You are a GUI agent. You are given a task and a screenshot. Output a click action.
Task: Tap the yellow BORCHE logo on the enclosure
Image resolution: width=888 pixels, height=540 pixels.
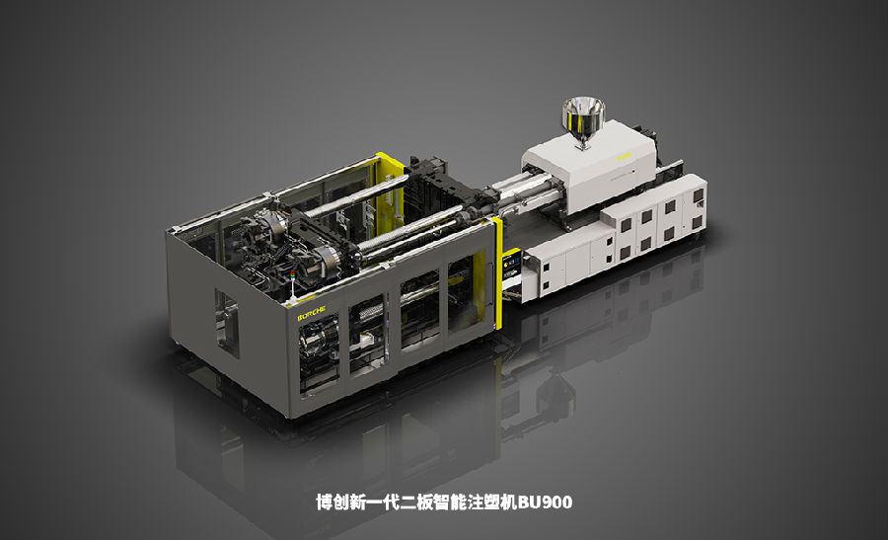(x=312, y=313)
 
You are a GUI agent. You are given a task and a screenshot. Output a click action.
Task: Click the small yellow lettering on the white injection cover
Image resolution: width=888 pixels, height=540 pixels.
(x=625, y=155)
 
